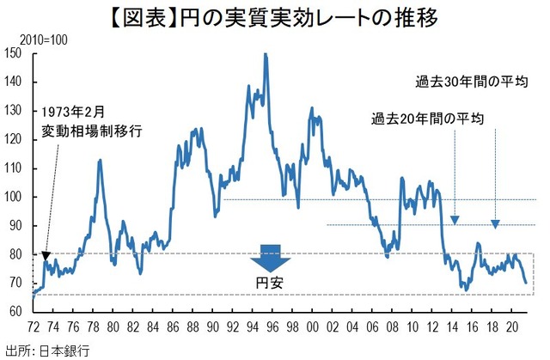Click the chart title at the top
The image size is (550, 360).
(274, 17)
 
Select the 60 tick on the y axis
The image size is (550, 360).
(15, 311)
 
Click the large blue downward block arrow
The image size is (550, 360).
(271, 259)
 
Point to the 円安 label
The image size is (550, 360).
(271, 282)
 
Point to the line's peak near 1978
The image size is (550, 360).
(100, 160)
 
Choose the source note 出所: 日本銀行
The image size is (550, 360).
(47, 350)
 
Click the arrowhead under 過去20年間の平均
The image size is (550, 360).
(455, 220)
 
